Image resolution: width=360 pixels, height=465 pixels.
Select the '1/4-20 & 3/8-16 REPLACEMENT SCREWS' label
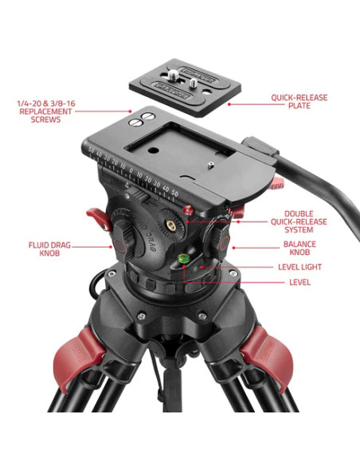49,111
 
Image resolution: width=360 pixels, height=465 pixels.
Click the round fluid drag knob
124,238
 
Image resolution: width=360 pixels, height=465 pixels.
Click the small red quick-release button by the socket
188,210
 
